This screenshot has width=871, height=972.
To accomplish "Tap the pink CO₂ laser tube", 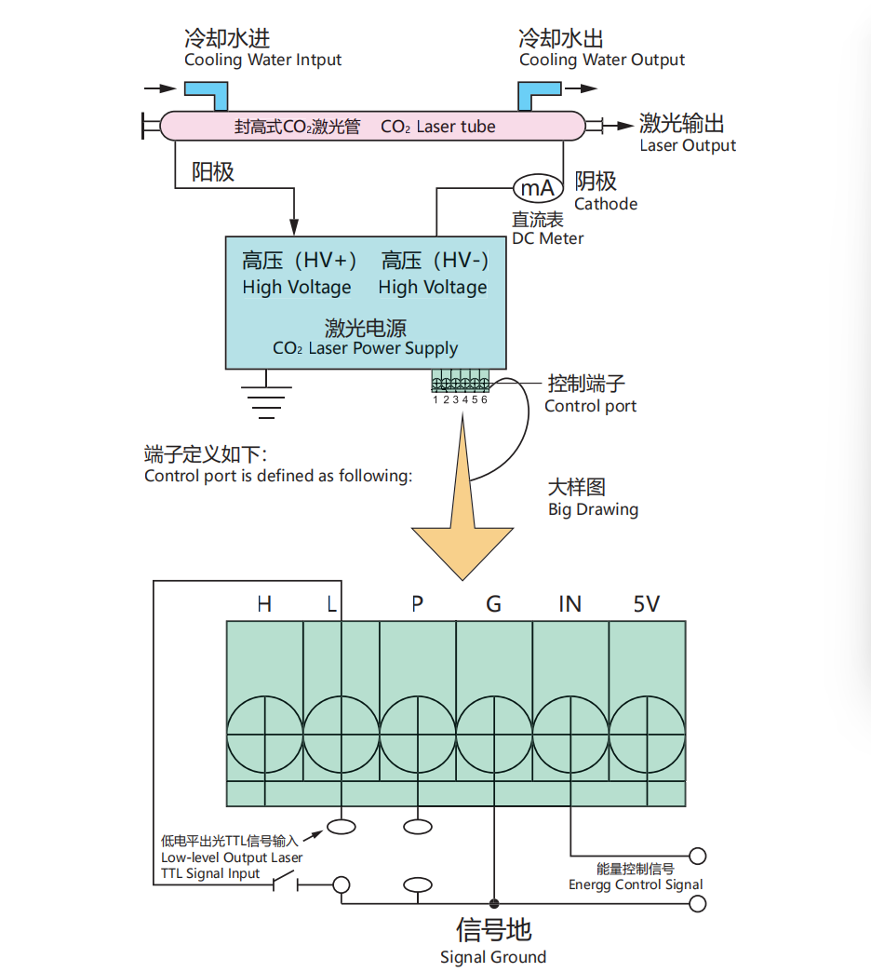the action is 372,127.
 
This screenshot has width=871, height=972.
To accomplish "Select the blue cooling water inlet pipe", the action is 208,94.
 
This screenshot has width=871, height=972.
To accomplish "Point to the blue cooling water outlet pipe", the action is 537,94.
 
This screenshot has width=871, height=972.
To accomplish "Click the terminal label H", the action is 264,604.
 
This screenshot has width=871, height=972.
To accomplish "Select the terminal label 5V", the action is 646,604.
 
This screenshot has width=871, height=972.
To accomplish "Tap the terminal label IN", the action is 569,604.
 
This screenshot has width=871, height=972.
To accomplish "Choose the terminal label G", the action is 494,604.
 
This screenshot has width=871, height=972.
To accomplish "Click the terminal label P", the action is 418,604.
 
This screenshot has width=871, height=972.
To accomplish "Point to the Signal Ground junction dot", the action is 494,903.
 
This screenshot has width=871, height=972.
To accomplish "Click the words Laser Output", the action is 688,145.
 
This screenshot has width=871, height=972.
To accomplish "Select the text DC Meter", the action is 547,238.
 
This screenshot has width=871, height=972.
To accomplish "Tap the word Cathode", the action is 606,204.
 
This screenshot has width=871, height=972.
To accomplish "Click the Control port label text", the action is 590,406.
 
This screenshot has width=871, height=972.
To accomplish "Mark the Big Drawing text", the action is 593,509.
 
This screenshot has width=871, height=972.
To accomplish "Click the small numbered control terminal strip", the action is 461,381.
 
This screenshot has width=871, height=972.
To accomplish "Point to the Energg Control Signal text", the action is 636,884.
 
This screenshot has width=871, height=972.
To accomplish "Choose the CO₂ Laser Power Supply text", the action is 366,348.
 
